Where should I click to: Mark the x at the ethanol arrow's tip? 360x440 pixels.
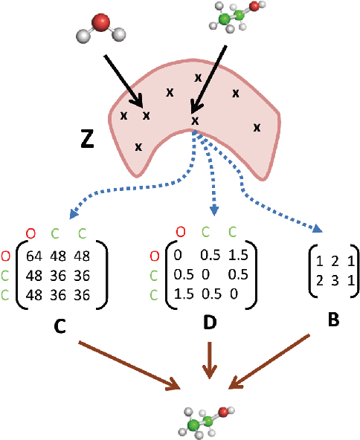pyautogui.click(x=195, y=120)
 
